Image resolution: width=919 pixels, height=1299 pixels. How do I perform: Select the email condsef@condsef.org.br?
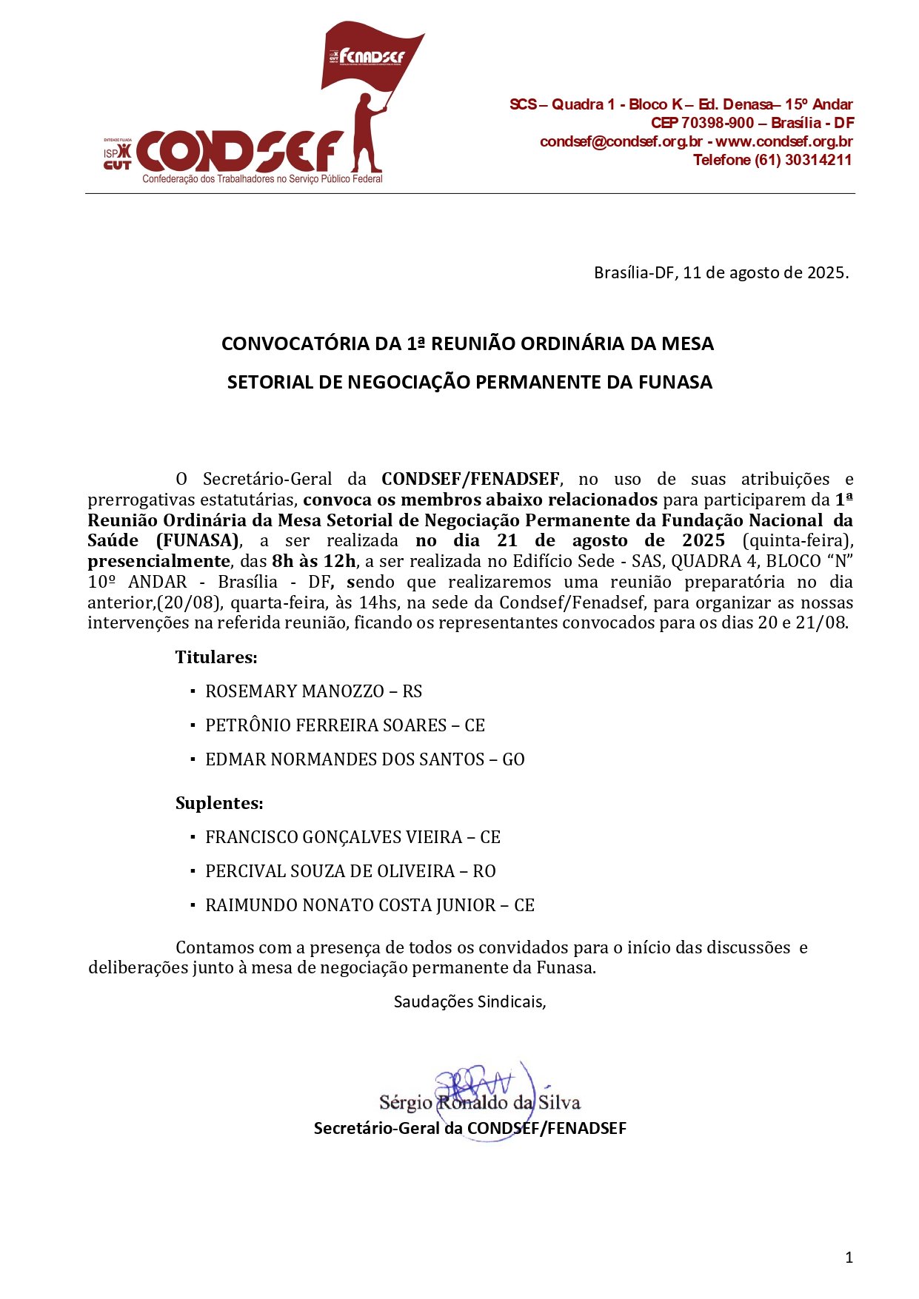click(x=621, y=141)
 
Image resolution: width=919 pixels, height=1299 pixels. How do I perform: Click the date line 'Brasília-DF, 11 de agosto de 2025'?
click(x=721, y=272)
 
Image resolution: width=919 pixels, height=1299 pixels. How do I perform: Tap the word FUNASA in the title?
click(x=675, y=382)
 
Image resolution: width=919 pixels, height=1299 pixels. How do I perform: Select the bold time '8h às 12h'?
click(x=314, y=561)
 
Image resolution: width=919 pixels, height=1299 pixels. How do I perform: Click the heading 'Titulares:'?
click(x=216, y=657)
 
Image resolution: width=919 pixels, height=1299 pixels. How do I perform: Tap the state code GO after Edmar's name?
click(x=513, y=759)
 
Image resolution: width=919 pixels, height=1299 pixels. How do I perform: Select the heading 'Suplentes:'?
click(x=219, y=803)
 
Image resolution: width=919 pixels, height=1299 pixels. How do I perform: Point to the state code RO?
click(x=484, y=871)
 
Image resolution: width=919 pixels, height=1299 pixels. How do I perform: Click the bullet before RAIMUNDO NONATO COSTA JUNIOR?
click(x=193, y=904)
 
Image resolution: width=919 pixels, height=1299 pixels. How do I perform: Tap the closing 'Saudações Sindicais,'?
click(x=469, y=1001)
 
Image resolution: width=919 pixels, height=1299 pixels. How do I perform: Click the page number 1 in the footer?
click(x=849, y=1257)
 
